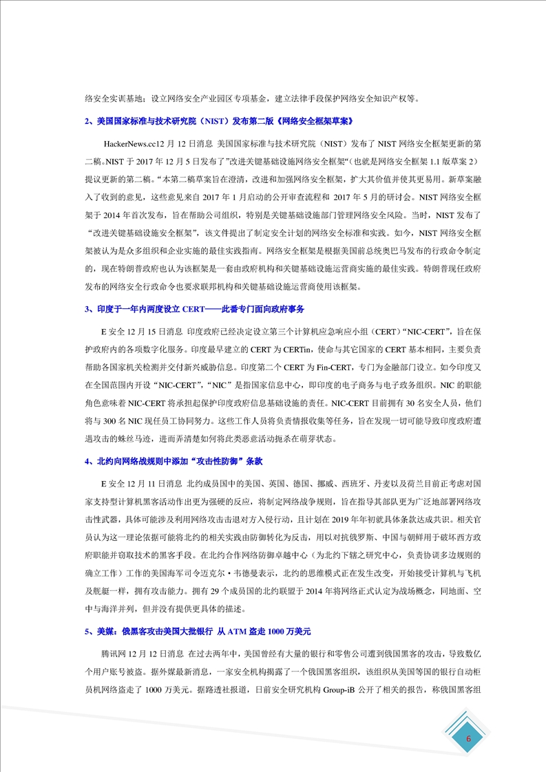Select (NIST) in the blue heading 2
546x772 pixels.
[199, 121]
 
